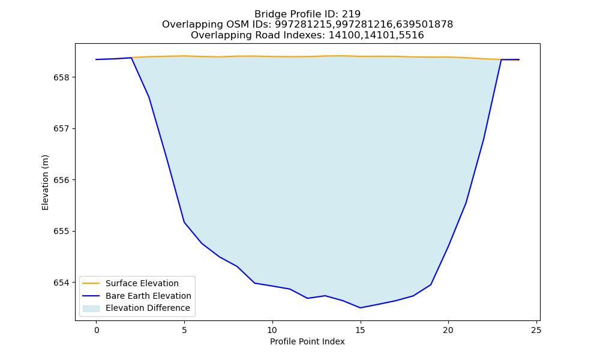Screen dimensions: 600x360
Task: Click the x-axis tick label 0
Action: [x=97, y=330]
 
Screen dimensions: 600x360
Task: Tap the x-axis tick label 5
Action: [x=184, y=330]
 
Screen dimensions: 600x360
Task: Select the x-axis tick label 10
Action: [x=272, y=330]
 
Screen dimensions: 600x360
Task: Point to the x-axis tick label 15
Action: [x=360, y=330]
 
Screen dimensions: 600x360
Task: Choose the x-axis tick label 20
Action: [x=448, y=330]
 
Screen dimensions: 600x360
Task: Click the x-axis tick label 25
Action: [x=536, y=330]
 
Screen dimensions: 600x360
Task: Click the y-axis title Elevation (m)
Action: [x=45, y=182]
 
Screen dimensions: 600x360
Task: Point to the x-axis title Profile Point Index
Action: [x=307, y=341]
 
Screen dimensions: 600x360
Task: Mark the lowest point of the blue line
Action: [x=360, y=308]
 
